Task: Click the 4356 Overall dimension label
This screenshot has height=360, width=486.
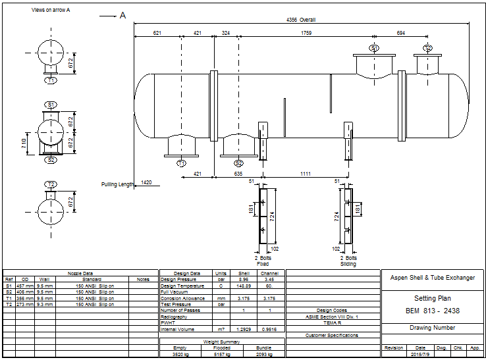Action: pyautogui.click(x=301, y=20)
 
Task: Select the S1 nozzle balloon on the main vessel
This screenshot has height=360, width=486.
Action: pyautogui.click(x=374, y=49)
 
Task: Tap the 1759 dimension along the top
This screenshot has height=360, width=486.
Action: pyautogui.click(x=306, y=32)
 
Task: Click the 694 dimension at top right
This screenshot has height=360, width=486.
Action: pyautogui.click(x=401, y=32)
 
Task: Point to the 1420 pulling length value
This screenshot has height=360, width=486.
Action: pyautogui.click(x=146, y=182)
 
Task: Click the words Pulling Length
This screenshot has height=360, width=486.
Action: pyautogui.click(x=117, y=184)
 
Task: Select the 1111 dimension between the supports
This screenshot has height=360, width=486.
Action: pyautogui.click(x=306, y=173)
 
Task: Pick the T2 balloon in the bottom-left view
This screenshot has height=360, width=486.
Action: pyautogui.click(x=51, y=184)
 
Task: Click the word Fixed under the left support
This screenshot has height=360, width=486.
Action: pyautogui.click(x=262, y=264)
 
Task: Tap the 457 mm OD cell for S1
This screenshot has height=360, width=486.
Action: pyautogui.click(x=24, y=286)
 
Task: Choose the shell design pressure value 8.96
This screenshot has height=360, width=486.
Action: pyautogui.click(x=243, y=280)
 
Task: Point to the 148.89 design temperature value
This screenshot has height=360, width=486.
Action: pyautogui.click(x=243, y=286)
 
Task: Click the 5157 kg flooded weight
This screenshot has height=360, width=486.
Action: pyautogui.click(x=222, y=353)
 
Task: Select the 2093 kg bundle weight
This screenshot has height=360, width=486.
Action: pyautogui.click(x=263, y=353)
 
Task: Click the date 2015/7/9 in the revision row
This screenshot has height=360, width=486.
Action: pyautogui.click(x=419, y=353)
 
